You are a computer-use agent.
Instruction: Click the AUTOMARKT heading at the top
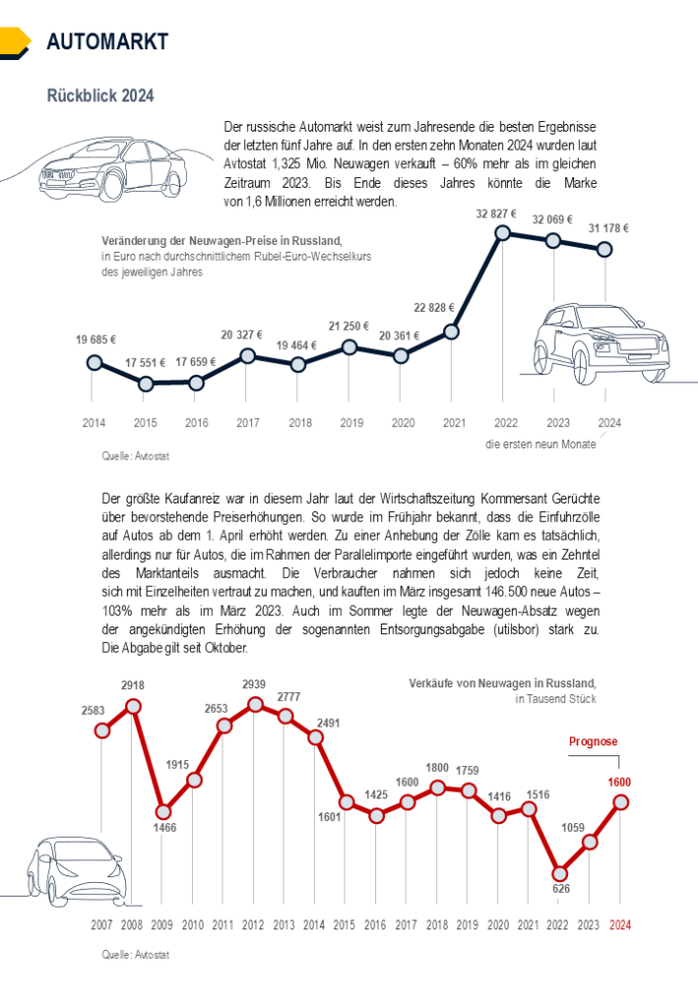pyautogui.click(x=107, y=41)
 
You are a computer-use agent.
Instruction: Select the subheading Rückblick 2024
pyautogui.click(x=100, y=96)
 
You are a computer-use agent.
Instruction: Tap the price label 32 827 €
pyautogui.click(x=497, y=213)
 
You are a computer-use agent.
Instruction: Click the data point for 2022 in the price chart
pyautogui.click(x=503, y=233)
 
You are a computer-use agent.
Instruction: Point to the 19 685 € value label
pyautogui.click(x=95, y=340)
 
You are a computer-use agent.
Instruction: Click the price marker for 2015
pyautogui.click(x=146, y=385)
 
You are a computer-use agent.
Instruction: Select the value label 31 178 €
pyautogui.click(x=607, y=228)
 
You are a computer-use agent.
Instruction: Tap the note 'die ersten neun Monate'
pyautogui.click(x=540, y=444)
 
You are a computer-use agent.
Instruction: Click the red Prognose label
pyautogui.click(x=594, y=742)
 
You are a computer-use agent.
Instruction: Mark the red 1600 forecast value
pyautogui.click(x=618, y=783)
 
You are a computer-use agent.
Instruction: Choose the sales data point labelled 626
pyautogui.click(x=559, y=872)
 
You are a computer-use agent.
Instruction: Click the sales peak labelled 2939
pyautogui.click(x=254, y=705)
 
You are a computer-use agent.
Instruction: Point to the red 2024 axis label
pyautogui.click(x=620, y=925)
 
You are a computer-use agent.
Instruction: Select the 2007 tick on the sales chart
pyautogui.click(x=101, y=925)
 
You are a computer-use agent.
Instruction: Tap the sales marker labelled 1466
pyautogui.click(x=163, y=812)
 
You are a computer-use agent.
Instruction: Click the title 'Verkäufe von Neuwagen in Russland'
pyautogui.click(x=502, y=682)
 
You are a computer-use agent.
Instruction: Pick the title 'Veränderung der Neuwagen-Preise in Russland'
pyautogui.click(x=222, y=241)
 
